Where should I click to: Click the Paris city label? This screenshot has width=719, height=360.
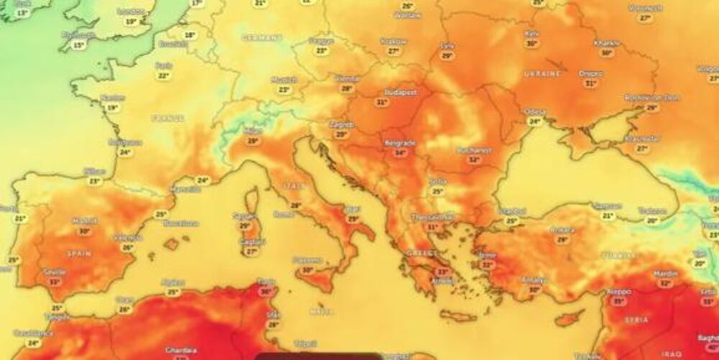click(x=164, y=65)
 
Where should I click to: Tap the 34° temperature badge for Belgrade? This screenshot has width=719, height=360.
click(x=400, y=152)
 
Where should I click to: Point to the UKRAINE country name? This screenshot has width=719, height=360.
click(x=543, y=74)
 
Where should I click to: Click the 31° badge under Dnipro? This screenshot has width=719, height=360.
click(x=592, y=83)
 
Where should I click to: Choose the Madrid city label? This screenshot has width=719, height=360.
click(x=85, y=221)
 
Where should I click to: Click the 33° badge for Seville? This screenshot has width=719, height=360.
click(x=55, y=282)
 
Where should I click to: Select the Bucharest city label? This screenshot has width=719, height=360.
click(x=473, y=150)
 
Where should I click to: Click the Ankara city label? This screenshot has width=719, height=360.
click(x=562, y=230)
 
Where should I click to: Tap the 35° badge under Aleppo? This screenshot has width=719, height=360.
click(x=618, y=301)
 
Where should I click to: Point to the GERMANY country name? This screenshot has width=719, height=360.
click(x=262, y=37)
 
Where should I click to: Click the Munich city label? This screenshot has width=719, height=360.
click(x=284, y=80)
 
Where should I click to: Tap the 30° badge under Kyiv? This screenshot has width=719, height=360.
click(x=532, y=43)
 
